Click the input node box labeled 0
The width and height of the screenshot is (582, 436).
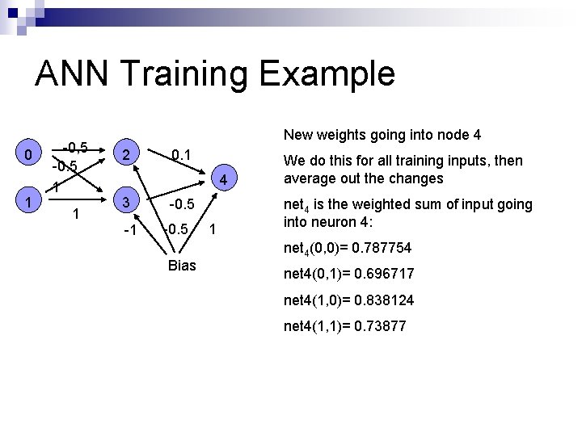tap(28, 154)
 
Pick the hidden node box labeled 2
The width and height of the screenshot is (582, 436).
tap(124, 154)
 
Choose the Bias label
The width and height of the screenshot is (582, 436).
tap(182, 265)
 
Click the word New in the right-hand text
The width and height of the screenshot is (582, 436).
tap(297, 134)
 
